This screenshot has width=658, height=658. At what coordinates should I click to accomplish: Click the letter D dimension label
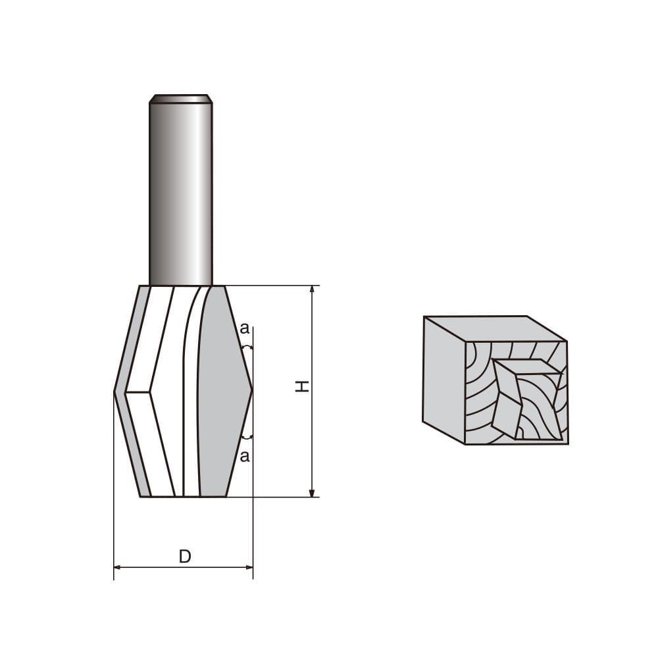(185, 557)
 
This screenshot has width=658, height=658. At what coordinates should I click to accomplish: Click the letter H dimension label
(301, 386)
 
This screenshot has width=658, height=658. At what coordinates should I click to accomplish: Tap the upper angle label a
(244, 327)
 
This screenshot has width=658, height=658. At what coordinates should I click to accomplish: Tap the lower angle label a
(245, 457)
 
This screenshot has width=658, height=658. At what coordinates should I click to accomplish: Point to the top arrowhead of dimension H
(313, 290)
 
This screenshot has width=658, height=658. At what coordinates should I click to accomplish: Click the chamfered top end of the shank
(180, 99)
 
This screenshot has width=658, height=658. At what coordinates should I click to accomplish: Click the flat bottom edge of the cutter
(184, 496)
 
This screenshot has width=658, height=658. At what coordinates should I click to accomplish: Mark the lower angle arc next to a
(247, 436)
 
